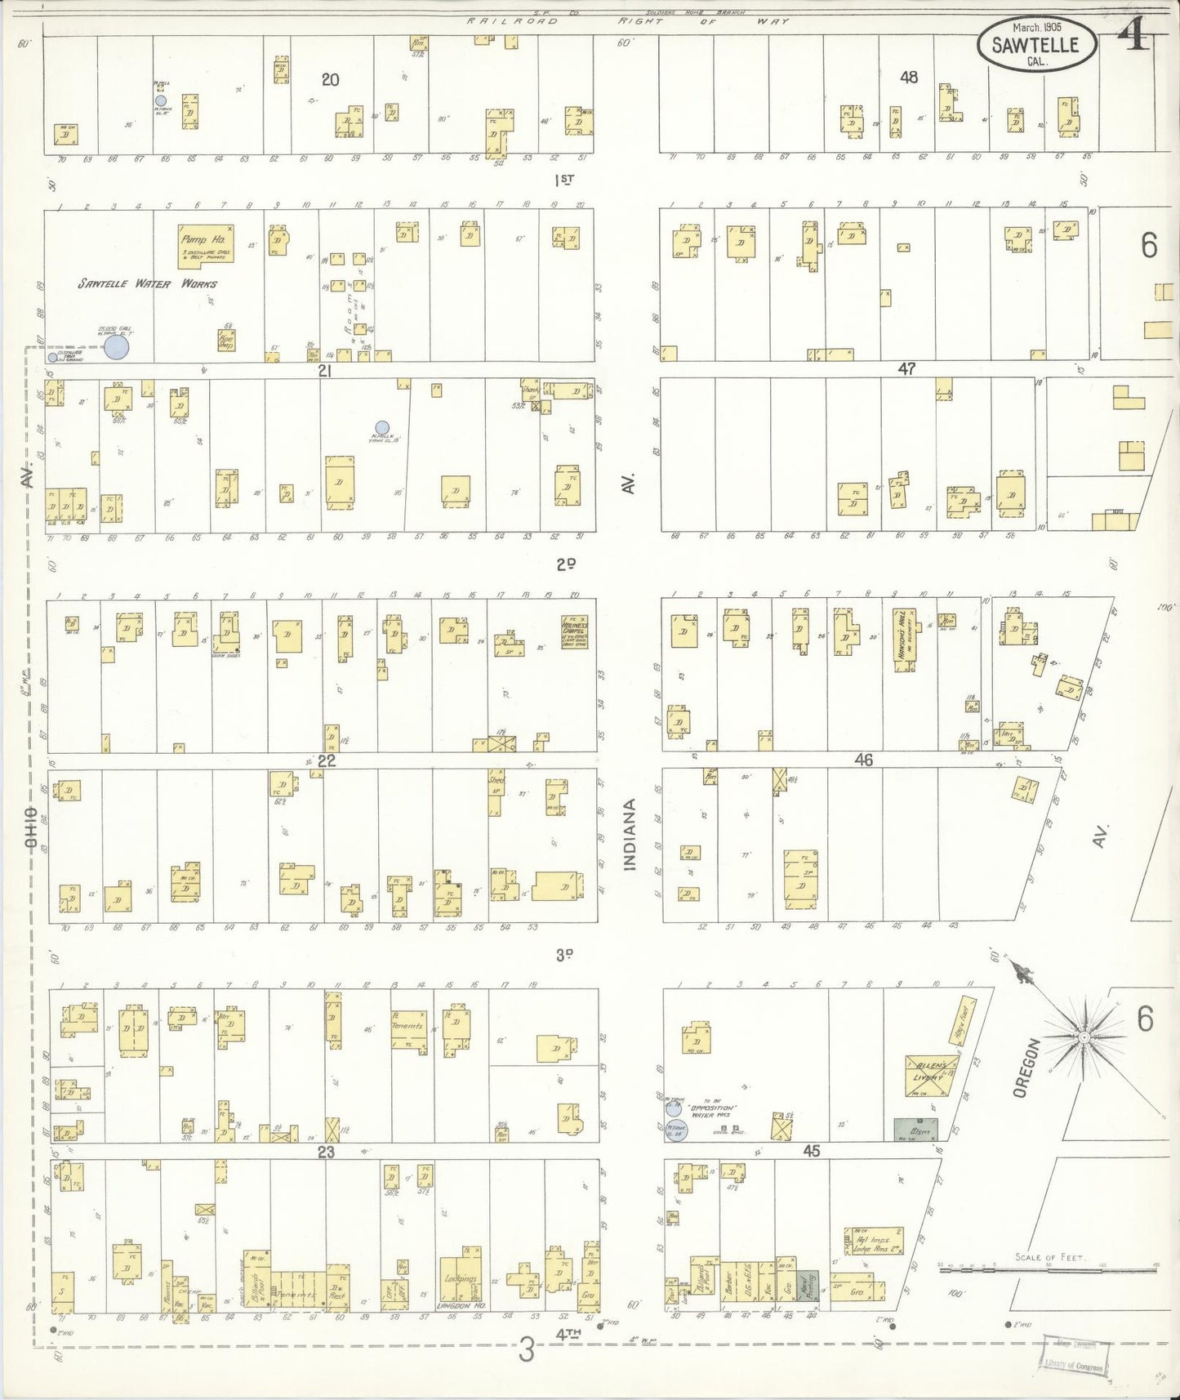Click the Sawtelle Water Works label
[x=148, y=284]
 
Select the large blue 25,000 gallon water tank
[x=117, y=347]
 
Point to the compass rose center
[x=1083, y=1037]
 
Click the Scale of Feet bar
[x=1049, y=1270]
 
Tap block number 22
[x=327, y=760]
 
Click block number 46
[x=864, y=760]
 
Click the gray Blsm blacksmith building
[x=915, y=1129]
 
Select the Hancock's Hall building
[x=903, y=640]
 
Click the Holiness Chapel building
[x=575, y=632]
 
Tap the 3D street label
[x=565, y=954]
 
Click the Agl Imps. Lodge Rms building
[x=874, y=1241]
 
